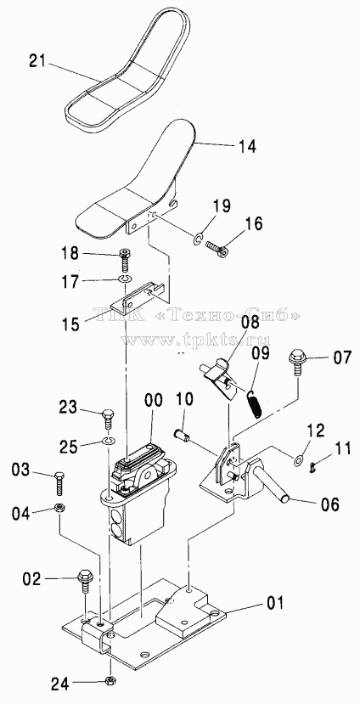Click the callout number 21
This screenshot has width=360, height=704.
point(37,60)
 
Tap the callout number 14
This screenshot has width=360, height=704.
point(246,146)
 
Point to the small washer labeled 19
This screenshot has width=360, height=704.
point(199,239)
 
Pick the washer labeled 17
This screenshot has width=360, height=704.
point(125,279)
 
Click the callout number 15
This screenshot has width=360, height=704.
point(71,324)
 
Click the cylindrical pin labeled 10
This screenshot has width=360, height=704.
point(182,435)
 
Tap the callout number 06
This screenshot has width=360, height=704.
point(330,504)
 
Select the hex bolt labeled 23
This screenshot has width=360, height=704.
point(109,419)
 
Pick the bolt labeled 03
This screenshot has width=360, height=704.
point(59,482)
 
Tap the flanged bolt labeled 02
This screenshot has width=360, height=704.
point(85,581)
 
